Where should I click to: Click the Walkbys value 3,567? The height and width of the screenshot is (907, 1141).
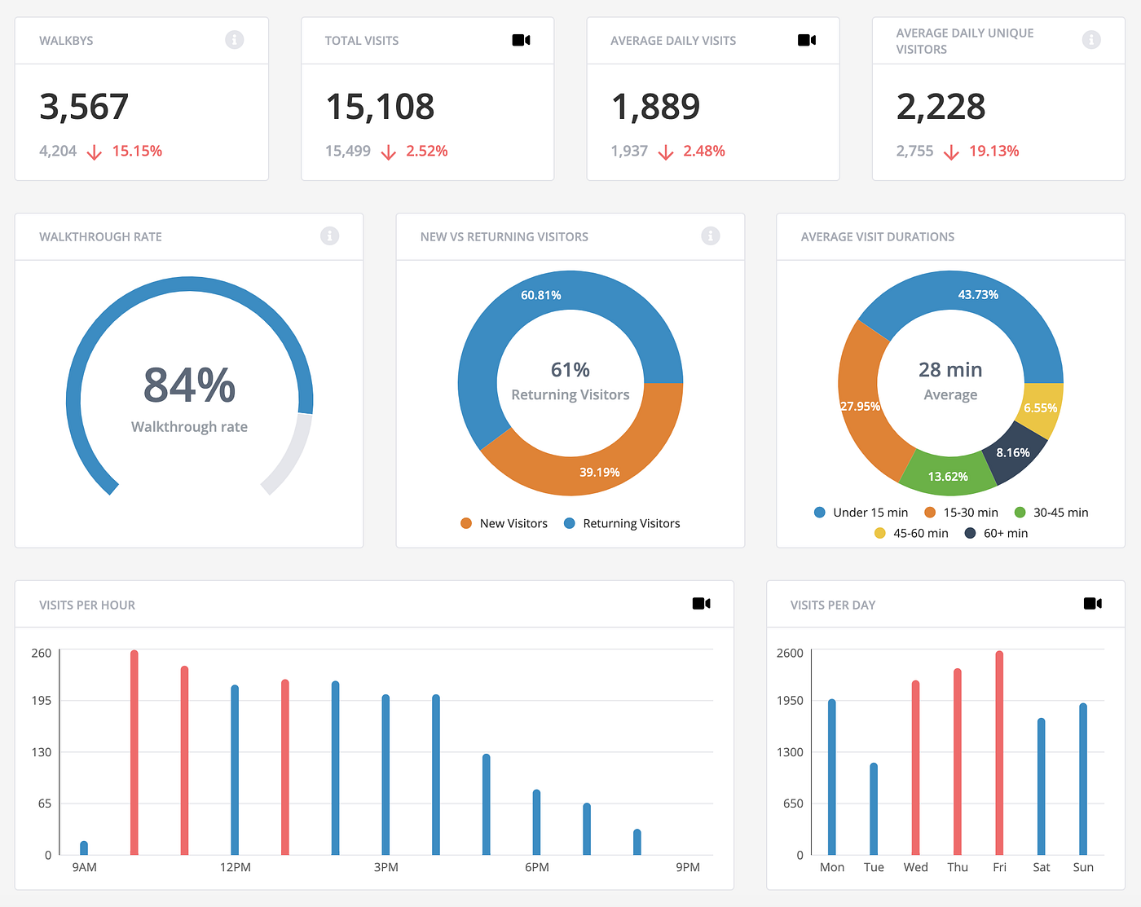tap(84, 107)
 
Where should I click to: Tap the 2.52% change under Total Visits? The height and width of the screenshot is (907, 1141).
tap(426, 151)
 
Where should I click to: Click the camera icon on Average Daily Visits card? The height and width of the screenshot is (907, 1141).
tap(806, 40)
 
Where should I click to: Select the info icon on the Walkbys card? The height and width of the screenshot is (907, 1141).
tap(234, 40)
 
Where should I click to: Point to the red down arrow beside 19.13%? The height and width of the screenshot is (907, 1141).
tap(950, 152)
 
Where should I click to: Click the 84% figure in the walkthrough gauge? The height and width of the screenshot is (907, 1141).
tap(189, 385)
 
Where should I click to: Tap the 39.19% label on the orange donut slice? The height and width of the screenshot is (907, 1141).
tap(599, 472)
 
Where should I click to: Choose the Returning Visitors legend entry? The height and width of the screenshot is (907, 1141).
tap(623, 523)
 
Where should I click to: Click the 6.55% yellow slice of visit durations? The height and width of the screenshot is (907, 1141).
tap(1040, 407)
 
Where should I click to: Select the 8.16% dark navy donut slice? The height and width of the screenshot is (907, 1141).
tap(1013, 452)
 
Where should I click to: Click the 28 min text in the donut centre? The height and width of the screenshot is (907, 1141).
tap(950, 370)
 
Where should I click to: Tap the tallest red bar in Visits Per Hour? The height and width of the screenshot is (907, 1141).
tap(134, 750)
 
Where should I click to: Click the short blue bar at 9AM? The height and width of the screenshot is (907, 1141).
tap(84, 848)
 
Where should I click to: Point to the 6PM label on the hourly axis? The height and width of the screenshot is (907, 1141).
tap(536, 867)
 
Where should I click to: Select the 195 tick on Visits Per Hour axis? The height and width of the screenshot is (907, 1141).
tap(41, 700)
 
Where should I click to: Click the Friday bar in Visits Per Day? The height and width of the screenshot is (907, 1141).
tap(999, 750)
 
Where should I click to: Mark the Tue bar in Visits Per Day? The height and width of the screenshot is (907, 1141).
tap(874, 807)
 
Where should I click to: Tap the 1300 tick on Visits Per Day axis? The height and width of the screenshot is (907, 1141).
tap(789, 751)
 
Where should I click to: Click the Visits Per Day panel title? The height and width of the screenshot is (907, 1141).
tap(832, 605)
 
